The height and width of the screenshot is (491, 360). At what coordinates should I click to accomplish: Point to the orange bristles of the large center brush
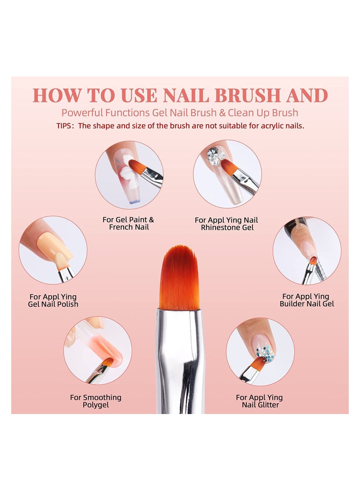pyautogui.click(x=179, y=277)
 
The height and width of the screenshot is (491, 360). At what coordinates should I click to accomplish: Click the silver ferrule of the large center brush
pyautogui.click(x=180, y=342)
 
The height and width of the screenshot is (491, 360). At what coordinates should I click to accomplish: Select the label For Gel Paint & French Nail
pyautogui.click(x=128, y=223)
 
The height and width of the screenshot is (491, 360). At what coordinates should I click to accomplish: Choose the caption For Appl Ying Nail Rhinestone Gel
pyautogui.click(x=227, y=224)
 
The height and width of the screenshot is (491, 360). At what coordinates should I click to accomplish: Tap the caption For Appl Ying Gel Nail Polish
pyautogui.click(x=53, y=300)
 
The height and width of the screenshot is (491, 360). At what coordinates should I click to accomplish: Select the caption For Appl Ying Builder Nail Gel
pyautogui.click(x=306, y=300)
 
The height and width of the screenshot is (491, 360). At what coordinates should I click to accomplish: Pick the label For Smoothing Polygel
pyautogui.click(x=95, y=401)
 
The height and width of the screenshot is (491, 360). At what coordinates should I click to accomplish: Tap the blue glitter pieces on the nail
pyautogui.click(x=266, y=353)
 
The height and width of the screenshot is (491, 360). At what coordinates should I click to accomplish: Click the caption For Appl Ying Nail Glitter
pyautogui.click(x=260, y=401)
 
